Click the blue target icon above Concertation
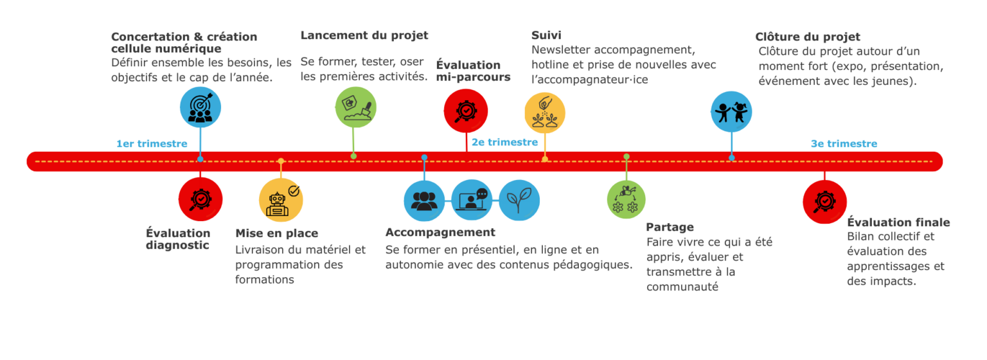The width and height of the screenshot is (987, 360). (200, 107)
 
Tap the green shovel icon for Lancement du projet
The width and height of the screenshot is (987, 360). (355, 107)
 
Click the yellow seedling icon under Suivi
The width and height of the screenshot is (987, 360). (545, 112)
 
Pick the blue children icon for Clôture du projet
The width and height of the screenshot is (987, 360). (732, 111)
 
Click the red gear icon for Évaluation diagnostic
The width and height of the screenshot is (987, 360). (200, 199)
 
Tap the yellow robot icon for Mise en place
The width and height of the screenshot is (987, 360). (281, 199)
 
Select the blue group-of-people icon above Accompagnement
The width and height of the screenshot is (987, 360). (424, 200)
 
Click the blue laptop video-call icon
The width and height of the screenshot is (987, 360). (472, 200)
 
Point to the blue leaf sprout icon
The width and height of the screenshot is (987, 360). (519, 200)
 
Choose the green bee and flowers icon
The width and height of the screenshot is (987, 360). (626, 199)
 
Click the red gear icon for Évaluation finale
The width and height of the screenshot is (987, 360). (824, 202)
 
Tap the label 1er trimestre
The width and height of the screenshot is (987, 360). (152, 143)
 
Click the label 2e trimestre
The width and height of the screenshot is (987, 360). (504, 142)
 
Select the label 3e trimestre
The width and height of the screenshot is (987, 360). (844, 143)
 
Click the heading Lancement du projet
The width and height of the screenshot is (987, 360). (364, 35)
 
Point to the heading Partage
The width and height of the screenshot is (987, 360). (670, 227)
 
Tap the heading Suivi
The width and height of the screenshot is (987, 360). (546, 35)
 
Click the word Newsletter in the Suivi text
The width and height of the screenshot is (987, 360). (561, 50)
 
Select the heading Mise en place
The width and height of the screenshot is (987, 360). (277, 233)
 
